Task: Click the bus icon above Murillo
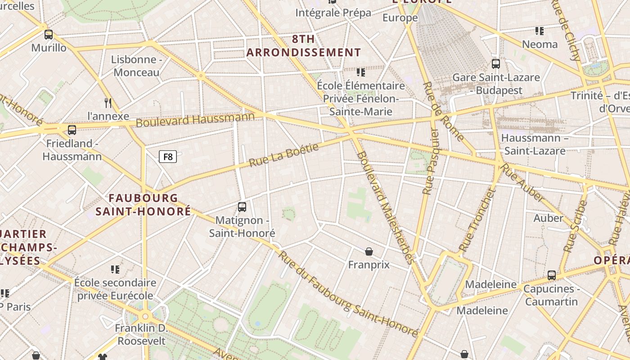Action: coord(49,34)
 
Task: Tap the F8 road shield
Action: coord(168,157)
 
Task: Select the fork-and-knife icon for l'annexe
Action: coord(108,103)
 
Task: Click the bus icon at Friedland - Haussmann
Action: coord(72,130)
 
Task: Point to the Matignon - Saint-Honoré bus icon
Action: coord(242,207)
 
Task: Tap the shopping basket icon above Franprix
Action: coord(369,251)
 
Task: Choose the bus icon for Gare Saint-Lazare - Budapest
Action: coord(496,64)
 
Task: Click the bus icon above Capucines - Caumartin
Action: coord(552,275)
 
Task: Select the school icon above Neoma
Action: coord(539,31)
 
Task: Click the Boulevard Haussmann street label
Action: coord(195,120)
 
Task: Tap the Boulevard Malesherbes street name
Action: coord(384,207)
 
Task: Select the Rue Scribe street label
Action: coord(576,226)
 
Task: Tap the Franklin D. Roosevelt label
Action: coord(141,334)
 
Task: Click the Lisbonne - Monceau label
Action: coord(136,66)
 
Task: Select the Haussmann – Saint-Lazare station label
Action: coord(535,144)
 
